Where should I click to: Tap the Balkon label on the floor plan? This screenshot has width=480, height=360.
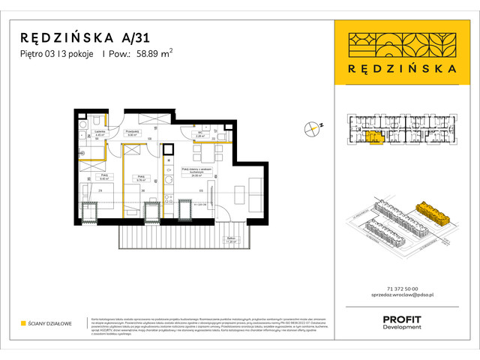point(232,241)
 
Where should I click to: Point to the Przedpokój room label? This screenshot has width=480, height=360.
point(133,132)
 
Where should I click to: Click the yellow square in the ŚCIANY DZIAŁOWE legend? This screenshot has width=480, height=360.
point(23,323)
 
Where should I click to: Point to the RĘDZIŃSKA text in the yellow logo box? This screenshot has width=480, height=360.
point(406,67)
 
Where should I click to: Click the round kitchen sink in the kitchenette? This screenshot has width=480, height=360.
point(169,178)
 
